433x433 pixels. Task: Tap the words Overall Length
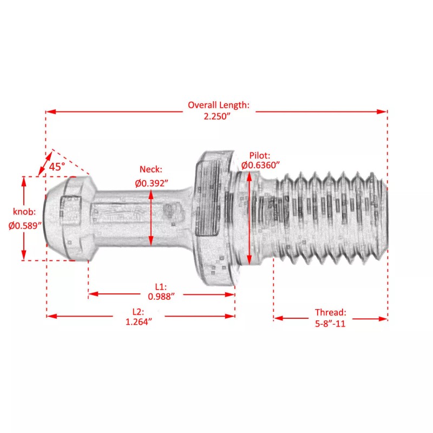point(218,105)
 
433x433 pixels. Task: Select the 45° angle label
point(57,167)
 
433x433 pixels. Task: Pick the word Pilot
point(259,155)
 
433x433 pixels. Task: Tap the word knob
point(24,212)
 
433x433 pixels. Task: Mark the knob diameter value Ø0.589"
point(25,227)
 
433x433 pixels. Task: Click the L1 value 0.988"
point(161,296)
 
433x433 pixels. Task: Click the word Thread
point(330,312)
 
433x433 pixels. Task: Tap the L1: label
point(161,286)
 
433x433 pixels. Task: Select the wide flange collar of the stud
point(214,216)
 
